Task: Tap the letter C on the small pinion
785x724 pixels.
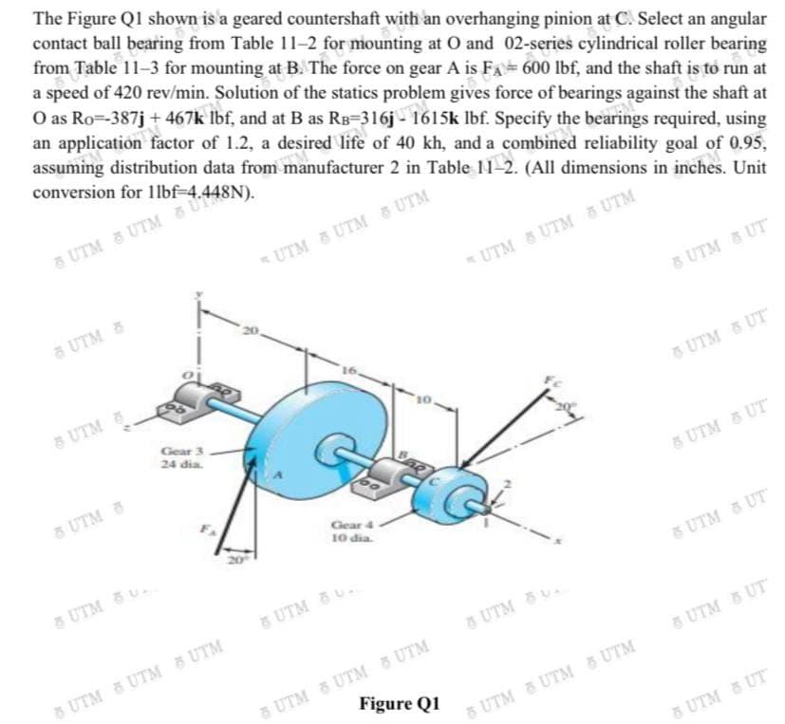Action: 452,479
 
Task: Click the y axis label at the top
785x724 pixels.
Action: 198,295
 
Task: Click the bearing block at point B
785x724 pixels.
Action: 396,473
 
